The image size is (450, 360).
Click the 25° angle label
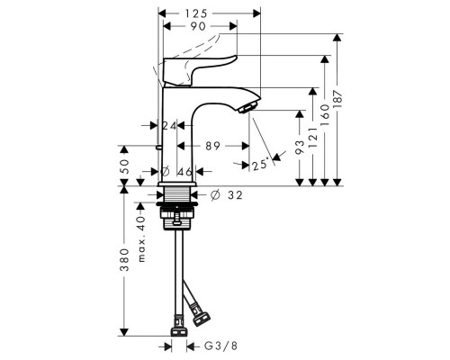259,165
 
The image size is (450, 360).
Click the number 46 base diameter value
187,170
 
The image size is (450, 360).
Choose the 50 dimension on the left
125,166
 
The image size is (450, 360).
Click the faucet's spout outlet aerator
247,109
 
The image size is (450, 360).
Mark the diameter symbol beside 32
215,193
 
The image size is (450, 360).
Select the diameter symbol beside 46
165,170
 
